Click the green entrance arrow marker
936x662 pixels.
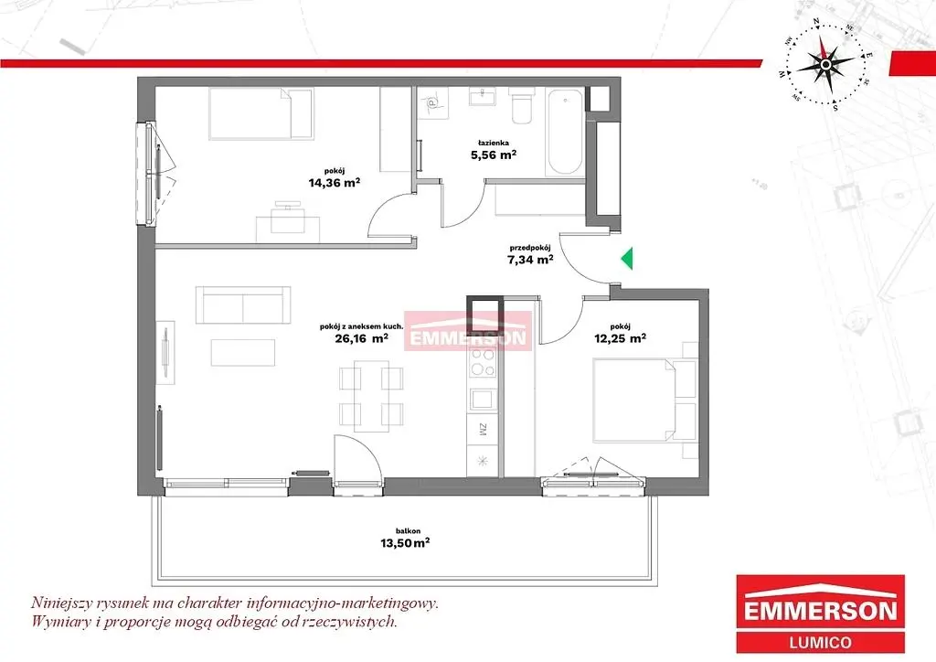(x=626, y=259)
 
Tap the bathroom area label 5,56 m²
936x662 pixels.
(x=493, y=155)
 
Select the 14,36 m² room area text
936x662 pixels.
(x=334, y=183)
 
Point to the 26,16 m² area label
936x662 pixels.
(x=362, y=338)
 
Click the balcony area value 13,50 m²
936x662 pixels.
(x=405, y=543)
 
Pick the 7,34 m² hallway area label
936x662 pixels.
(x=529, y=259)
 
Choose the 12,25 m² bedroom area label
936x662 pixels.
(x=621, y=338)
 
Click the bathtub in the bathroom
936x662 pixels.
(x=565, y=132)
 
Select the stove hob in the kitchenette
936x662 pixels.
(x=483, y=362)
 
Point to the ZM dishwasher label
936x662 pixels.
(x=483, y=429)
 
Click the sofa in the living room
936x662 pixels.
(x=243, y=305)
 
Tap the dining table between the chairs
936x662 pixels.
(x=371, y=395)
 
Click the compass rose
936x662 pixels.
(x=825, y=64)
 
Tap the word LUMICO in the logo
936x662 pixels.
(x=820, y=642)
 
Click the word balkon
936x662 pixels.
(x=409, y=530)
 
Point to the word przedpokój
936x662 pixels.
(x=529, y=248)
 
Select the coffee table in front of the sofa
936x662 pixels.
(x=243, y=353)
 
